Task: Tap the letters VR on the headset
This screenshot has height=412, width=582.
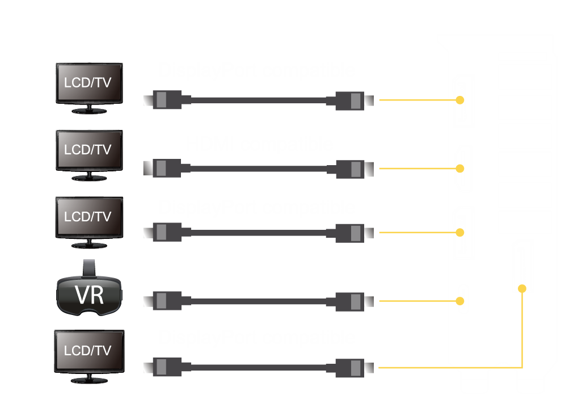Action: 89,295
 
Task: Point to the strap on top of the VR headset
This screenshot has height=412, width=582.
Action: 89,267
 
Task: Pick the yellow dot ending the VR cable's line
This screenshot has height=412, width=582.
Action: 460,301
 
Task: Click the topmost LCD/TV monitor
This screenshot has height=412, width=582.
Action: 89,83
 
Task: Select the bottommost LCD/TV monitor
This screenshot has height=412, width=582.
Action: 89,351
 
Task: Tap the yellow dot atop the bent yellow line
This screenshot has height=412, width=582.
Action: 522,289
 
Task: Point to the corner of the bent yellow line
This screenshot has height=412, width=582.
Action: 522,368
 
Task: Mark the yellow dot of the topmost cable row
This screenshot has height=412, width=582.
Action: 460,100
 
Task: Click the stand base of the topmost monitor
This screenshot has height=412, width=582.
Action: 89,111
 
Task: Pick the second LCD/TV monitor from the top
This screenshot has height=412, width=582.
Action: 89,151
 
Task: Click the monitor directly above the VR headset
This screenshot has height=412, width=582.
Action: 89,218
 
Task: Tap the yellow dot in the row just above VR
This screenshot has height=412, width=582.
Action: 460,232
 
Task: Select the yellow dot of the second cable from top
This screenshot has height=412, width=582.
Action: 460,169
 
